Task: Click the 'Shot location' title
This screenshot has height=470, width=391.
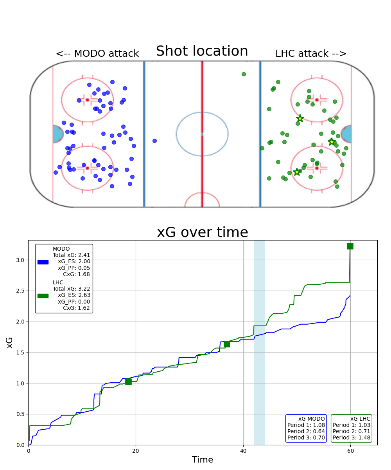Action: [202, 51]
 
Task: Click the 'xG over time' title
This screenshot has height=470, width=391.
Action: [202, 233]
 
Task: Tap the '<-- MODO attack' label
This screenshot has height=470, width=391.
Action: [97, 54]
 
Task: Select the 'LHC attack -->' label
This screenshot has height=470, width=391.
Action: [311, 54]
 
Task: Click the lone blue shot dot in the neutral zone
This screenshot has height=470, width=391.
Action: [154, 141]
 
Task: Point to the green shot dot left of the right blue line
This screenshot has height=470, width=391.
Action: [244, 74]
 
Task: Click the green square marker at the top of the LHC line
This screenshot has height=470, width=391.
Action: [350, 246]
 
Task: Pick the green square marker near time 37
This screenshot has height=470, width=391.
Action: [227, 344]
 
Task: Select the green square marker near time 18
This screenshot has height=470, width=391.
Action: [128, 381]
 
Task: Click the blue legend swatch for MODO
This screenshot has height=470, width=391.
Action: [43, 262]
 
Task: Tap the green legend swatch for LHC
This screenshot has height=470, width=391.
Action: [43, 296]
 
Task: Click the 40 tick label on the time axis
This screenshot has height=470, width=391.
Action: [243, 451]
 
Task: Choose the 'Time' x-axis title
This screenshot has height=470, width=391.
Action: [202, 460]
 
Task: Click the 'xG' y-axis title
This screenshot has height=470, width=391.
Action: [10, 342]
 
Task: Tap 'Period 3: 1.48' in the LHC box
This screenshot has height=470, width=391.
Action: [351, 437]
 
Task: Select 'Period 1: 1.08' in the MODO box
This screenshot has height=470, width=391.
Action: [306, 425]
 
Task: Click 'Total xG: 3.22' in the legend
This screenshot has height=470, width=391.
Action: [72, 289]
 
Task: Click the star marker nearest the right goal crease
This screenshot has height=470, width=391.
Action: [332, 142]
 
